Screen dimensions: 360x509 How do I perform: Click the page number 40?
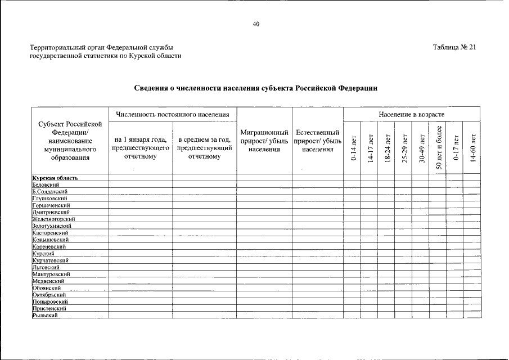pos(256,24)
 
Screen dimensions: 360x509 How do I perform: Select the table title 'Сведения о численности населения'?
pos(256,88)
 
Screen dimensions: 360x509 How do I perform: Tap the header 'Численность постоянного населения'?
pos(173,115)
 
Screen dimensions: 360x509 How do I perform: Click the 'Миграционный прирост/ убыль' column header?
pos(264,141)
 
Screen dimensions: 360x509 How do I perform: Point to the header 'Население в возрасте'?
pos(412,115)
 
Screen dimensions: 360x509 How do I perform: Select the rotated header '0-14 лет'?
pos(353,148)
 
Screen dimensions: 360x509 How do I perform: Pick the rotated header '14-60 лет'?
pos(472,148)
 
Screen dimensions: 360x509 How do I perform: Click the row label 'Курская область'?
pos(55,178)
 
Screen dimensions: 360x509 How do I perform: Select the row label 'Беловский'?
pos(46,185)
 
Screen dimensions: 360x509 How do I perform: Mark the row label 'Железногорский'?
pos(54,219)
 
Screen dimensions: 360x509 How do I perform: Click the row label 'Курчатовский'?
pos(51,260)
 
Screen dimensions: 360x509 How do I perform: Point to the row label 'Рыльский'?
pos(45,315)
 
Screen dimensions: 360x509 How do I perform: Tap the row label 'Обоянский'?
pos(47,287)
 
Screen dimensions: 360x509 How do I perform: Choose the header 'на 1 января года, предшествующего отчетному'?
pos(141,148)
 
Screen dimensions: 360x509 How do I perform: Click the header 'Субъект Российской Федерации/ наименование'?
pos(70,140)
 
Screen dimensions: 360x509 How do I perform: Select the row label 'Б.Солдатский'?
pos(50,192)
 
